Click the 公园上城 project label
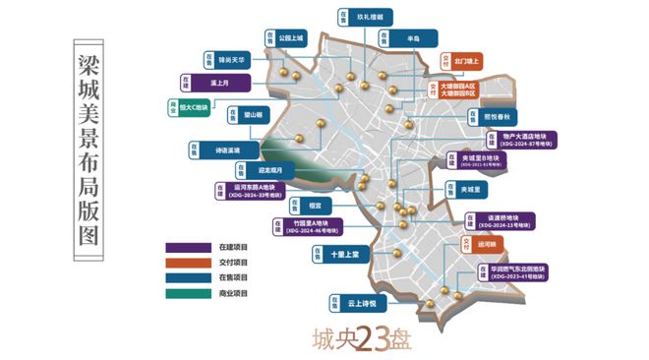(292, 38)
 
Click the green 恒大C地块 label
(195, 105)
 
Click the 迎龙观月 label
(267, 168)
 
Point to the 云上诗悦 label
(351, 303)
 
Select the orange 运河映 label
(487, 242)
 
